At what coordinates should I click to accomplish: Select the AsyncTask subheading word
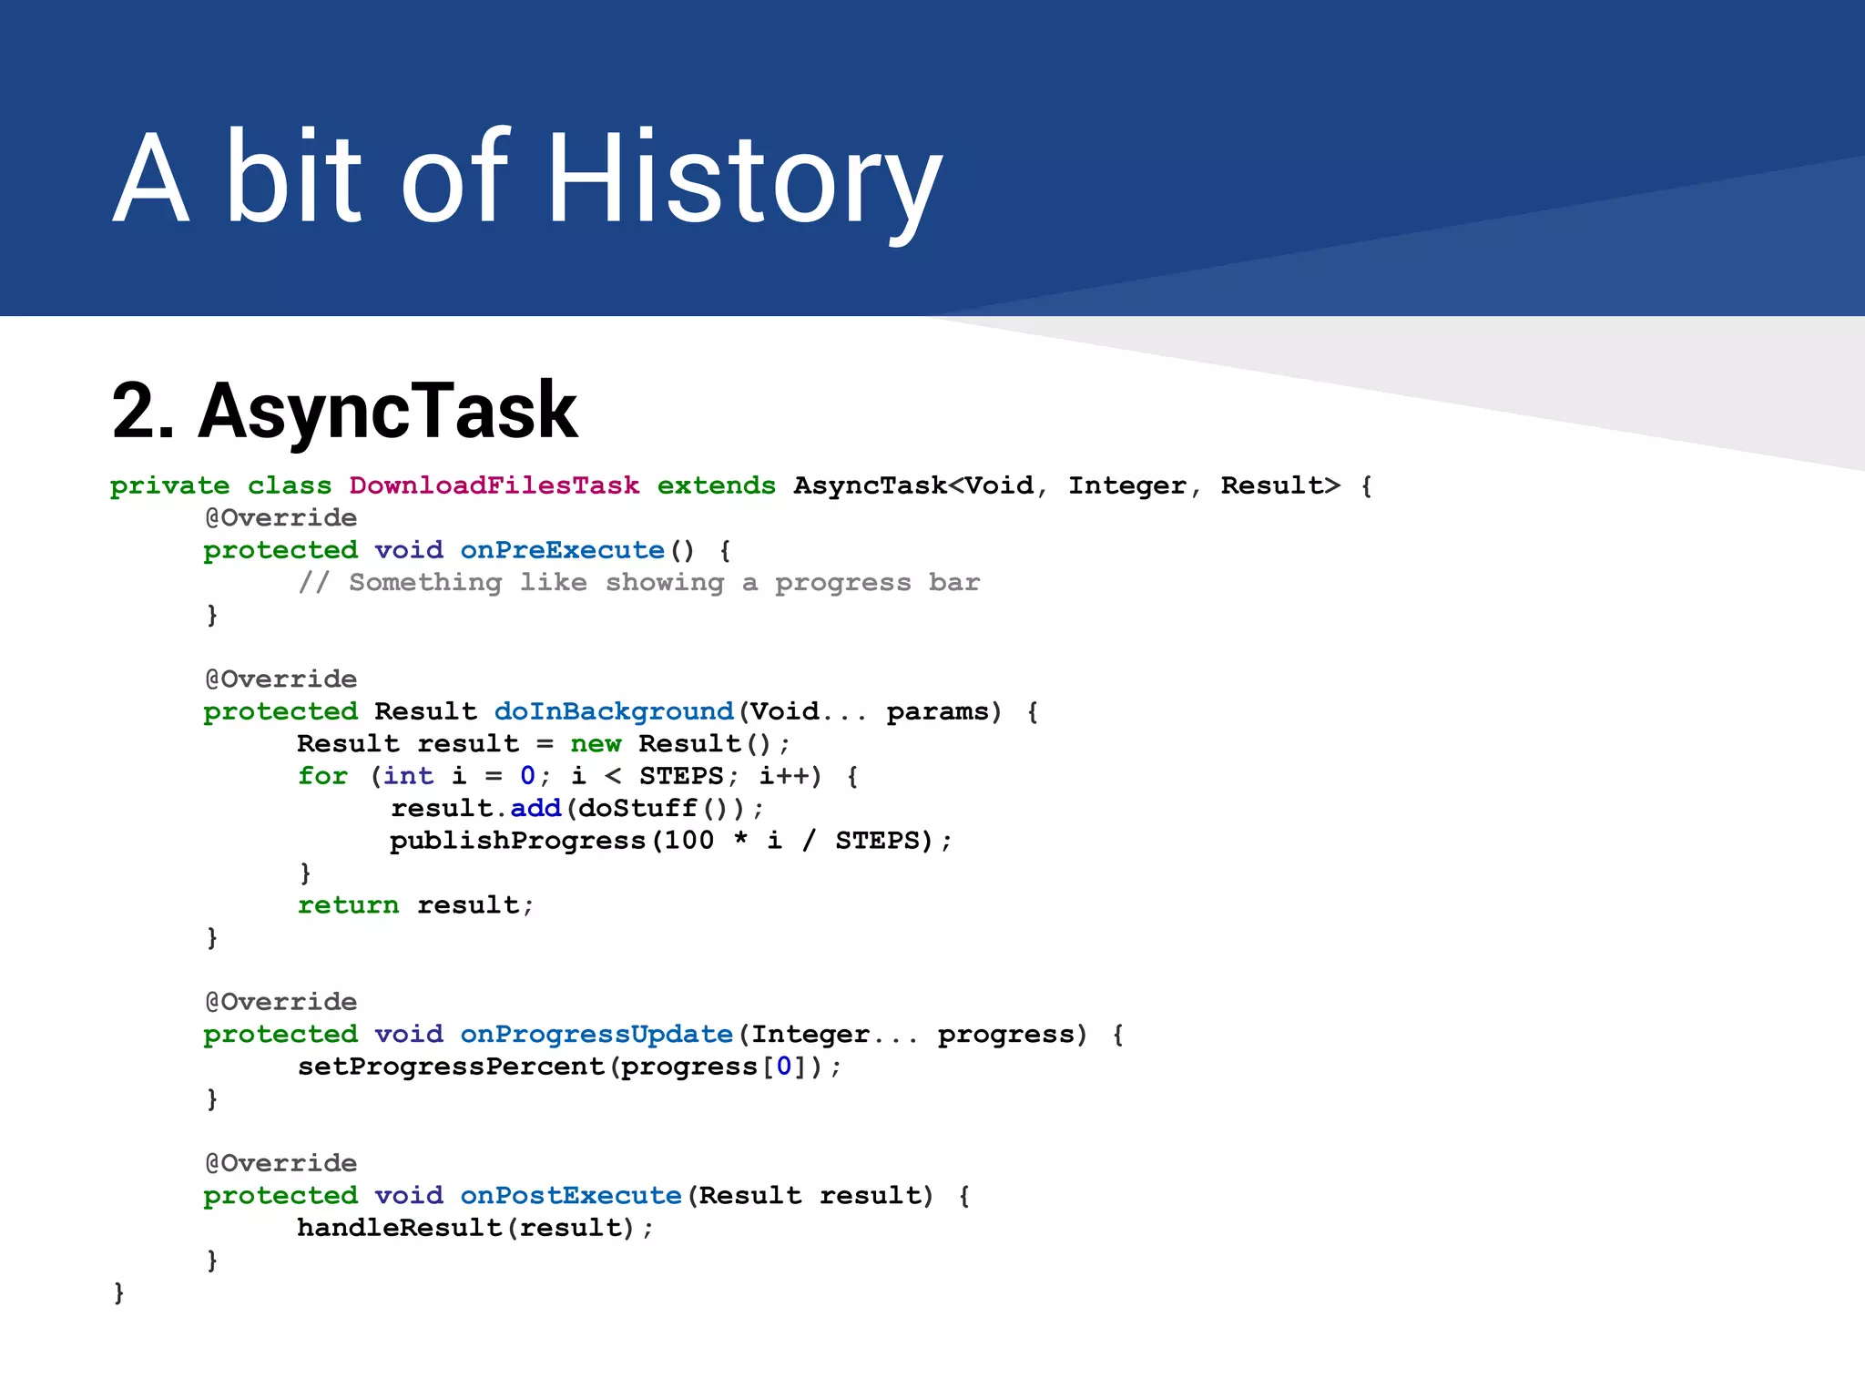(387, 412)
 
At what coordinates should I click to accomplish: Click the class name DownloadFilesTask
(494, 485)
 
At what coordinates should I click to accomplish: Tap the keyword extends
(716, 485)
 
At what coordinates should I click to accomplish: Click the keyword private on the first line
(169, 485)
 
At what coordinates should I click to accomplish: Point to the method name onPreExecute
(562, 550)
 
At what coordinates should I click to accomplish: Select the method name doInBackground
(613, 711)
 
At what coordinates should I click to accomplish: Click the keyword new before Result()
(596, 744)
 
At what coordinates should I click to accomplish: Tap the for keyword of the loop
(322, 776)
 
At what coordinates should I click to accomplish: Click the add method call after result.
(535, 809)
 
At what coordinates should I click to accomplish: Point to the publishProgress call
(517, 841)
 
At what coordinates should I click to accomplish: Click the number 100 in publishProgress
(688, 841)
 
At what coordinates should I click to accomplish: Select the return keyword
(348, 905)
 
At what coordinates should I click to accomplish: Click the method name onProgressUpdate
(596, 1035)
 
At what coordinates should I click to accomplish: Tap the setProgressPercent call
(451, 1067)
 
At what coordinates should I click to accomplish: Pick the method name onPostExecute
(570, 1196)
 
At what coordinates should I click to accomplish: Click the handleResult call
(399, 1228)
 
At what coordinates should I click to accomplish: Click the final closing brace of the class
(118, 1292)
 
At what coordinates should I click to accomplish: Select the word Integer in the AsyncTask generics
(1126, 485)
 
